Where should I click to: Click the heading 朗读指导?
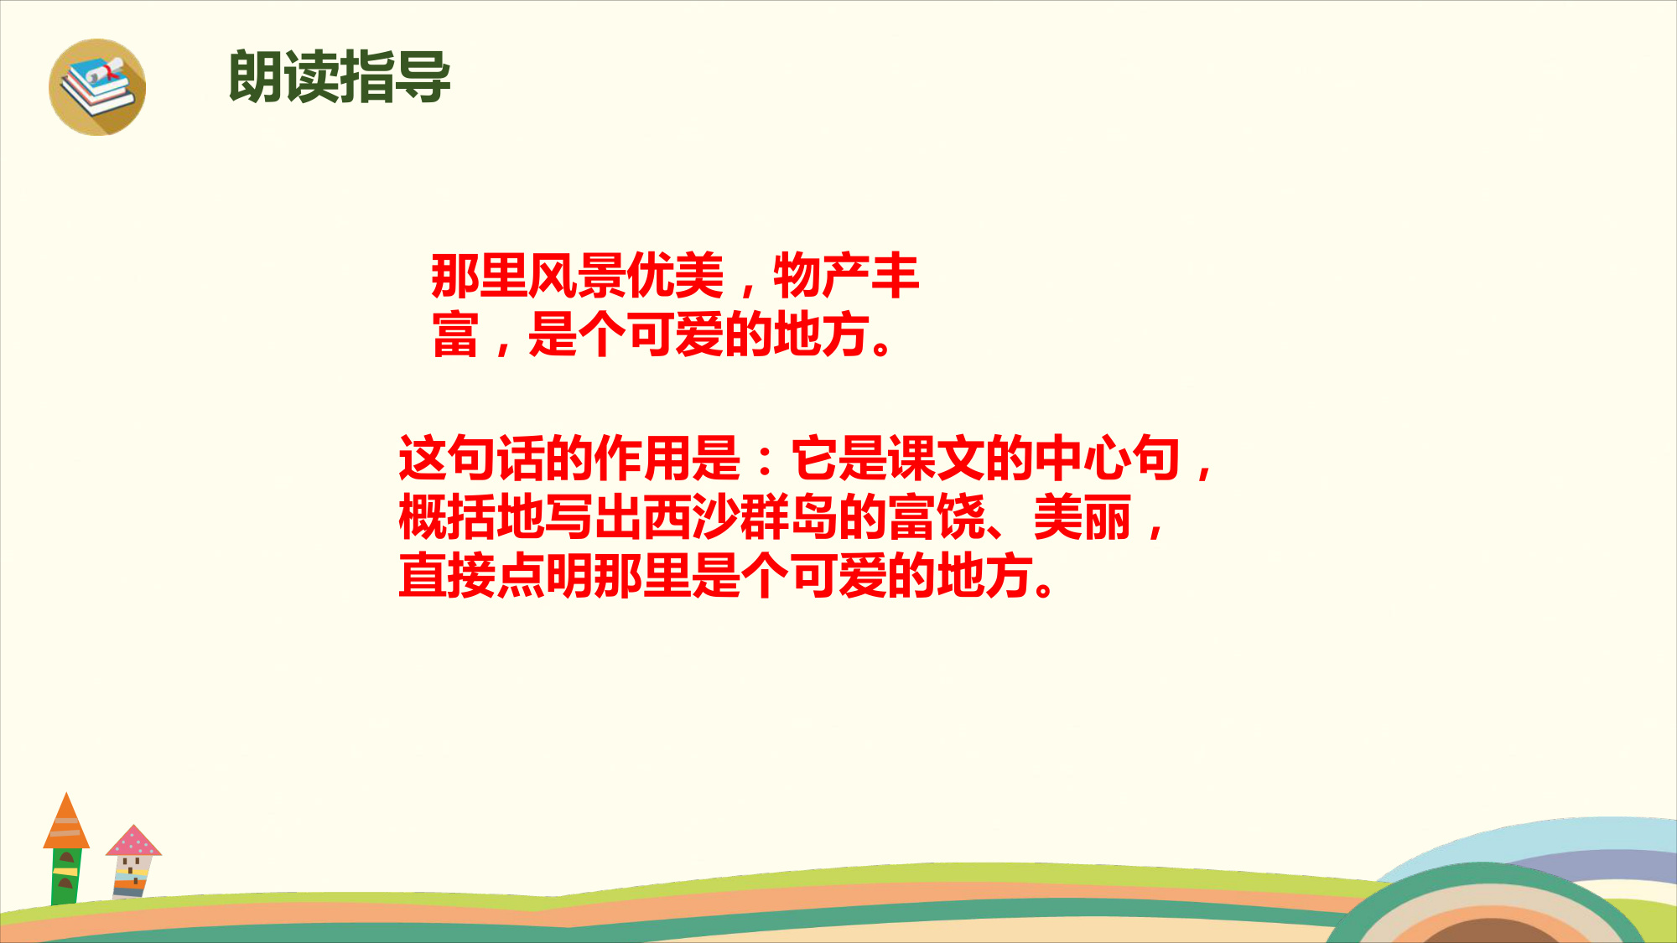tap(340, 77)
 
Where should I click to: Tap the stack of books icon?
tap(97, 87)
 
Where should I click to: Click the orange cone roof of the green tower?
tap(66, 821)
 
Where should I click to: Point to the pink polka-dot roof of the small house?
tap(133, 840)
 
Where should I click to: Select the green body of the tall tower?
tap(66, 876)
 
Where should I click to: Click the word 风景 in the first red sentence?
tap(577, 275)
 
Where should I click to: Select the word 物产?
tap(822, 275)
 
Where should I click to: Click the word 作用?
tap(643, 458)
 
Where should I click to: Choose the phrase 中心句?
tap(1108, 458)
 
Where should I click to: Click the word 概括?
tap(447, 517)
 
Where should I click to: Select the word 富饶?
tap(937, 517)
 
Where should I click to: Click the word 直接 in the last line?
tap(447, 576)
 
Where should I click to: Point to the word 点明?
tap(545, 576)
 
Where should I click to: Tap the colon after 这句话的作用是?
tap(765, 459)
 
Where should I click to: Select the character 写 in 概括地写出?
tap(569, 517)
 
